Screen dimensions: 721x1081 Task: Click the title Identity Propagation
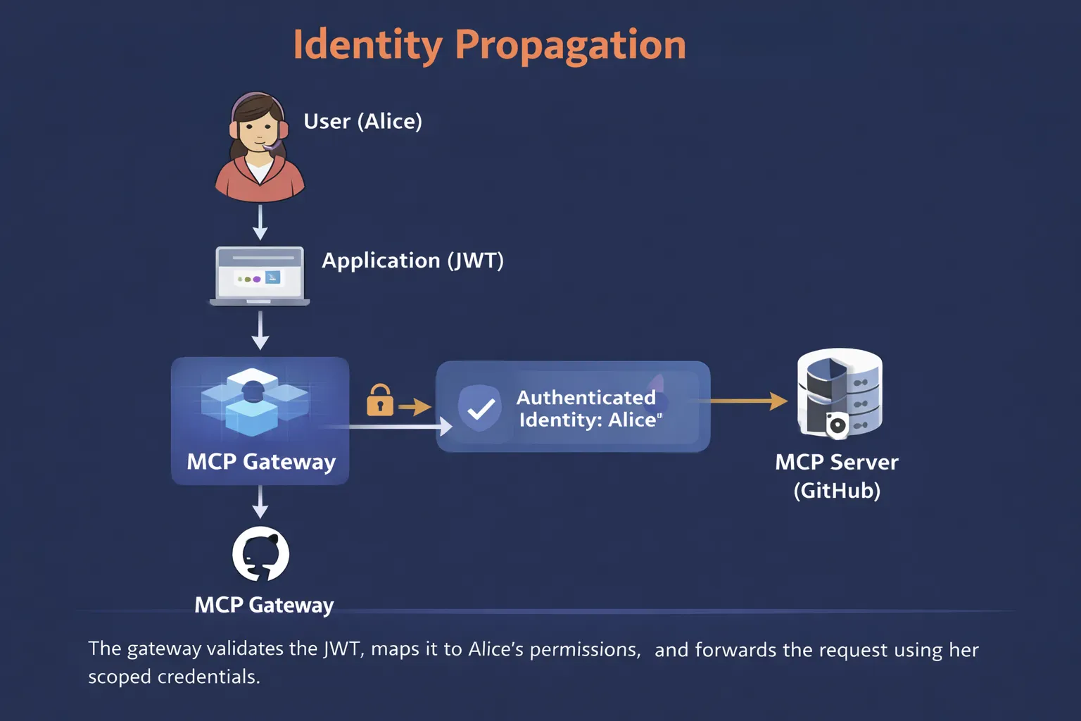coord(489,45)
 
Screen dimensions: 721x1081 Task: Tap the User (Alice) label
coord(362,121)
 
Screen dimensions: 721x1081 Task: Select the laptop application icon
coord(260,275)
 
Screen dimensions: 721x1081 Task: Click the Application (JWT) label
coord(412,261)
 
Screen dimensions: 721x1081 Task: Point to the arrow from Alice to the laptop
coord(260,222)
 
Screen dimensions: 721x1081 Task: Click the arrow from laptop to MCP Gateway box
coord(260,331)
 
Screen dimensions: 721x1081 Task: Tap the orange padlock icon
coord(380,401)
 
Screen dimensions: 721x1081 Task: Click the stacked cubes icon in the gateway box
coord(254,401)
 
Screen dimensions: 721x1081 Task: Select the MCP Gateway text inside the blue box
coord(261,462)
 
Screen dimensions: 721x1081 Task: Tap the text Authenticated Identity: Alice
coord(588,408)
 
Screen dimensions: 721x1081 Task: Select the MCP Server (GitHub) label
coord(837,476)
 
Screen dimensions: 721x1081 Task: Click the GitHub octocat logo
coord(260,554)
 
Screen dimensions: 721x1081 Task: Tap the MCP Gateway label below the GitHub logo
coord(264,605)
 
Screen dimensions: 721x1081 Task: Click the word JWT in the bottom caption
coord(342,648)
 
